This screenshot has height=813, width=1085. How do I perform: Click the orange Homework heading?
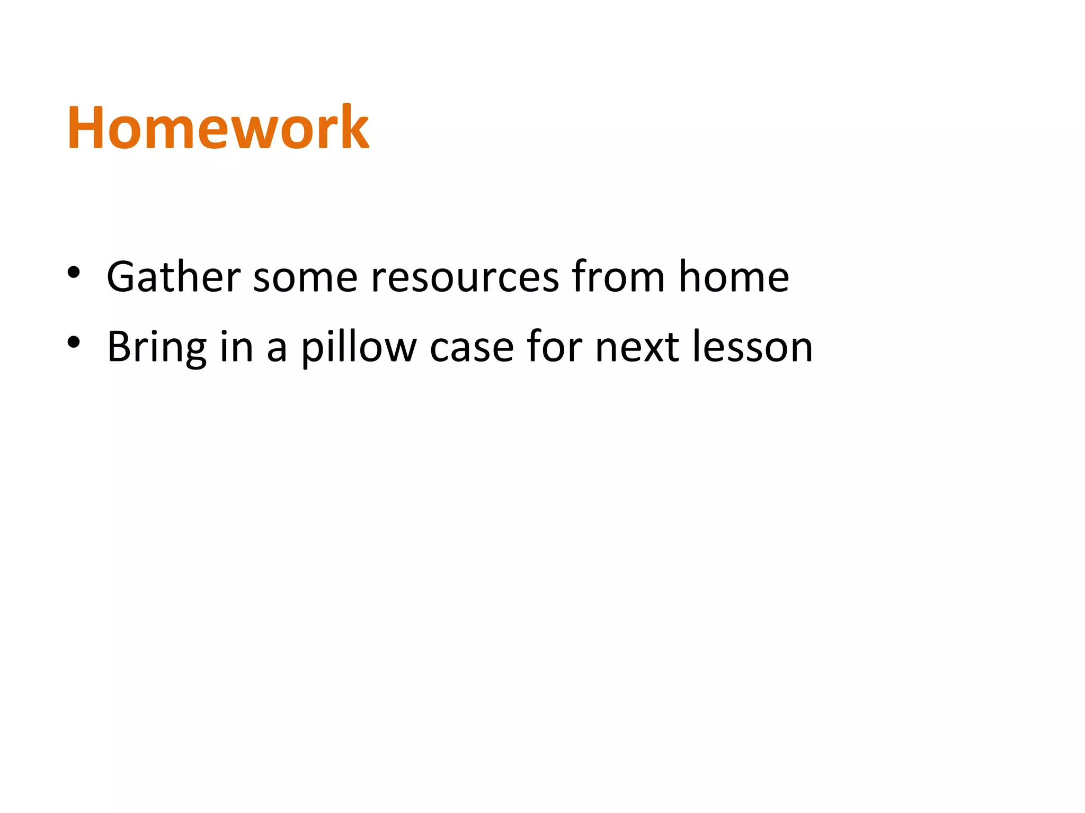[x=218, y=128]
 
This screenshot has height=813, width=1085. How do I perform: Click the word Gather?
[x=174, y=277]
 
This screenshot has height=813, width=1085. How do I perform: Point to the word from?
[x=618, y=277]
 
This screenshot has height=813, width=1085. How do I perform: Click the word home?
[x=734, y=277]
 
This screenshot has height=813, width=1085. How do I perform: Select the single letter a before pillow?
[x=277, y=350]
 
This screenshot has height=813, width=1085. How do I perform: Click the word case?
[x=472, y=350]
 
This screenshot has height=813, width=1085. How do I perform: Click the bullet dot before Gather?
[x=74, y=273]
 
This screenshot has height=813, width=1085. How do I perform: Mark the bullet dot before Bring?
[x=74, y=343]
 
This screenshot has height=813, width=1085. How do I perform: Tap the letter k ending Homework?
[x=354, y=128]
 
